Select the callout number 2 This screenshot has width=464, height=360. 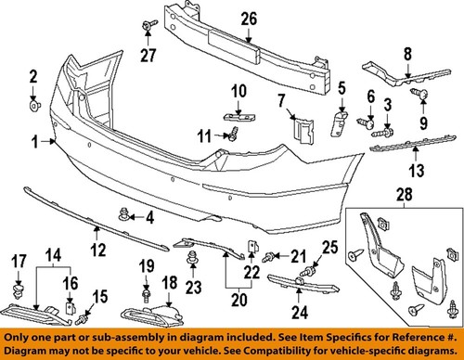click(32, 76)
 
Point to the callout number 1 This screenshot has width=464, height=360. click(34, 143)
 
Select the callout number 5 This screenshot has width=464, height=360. click(341, 90)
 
